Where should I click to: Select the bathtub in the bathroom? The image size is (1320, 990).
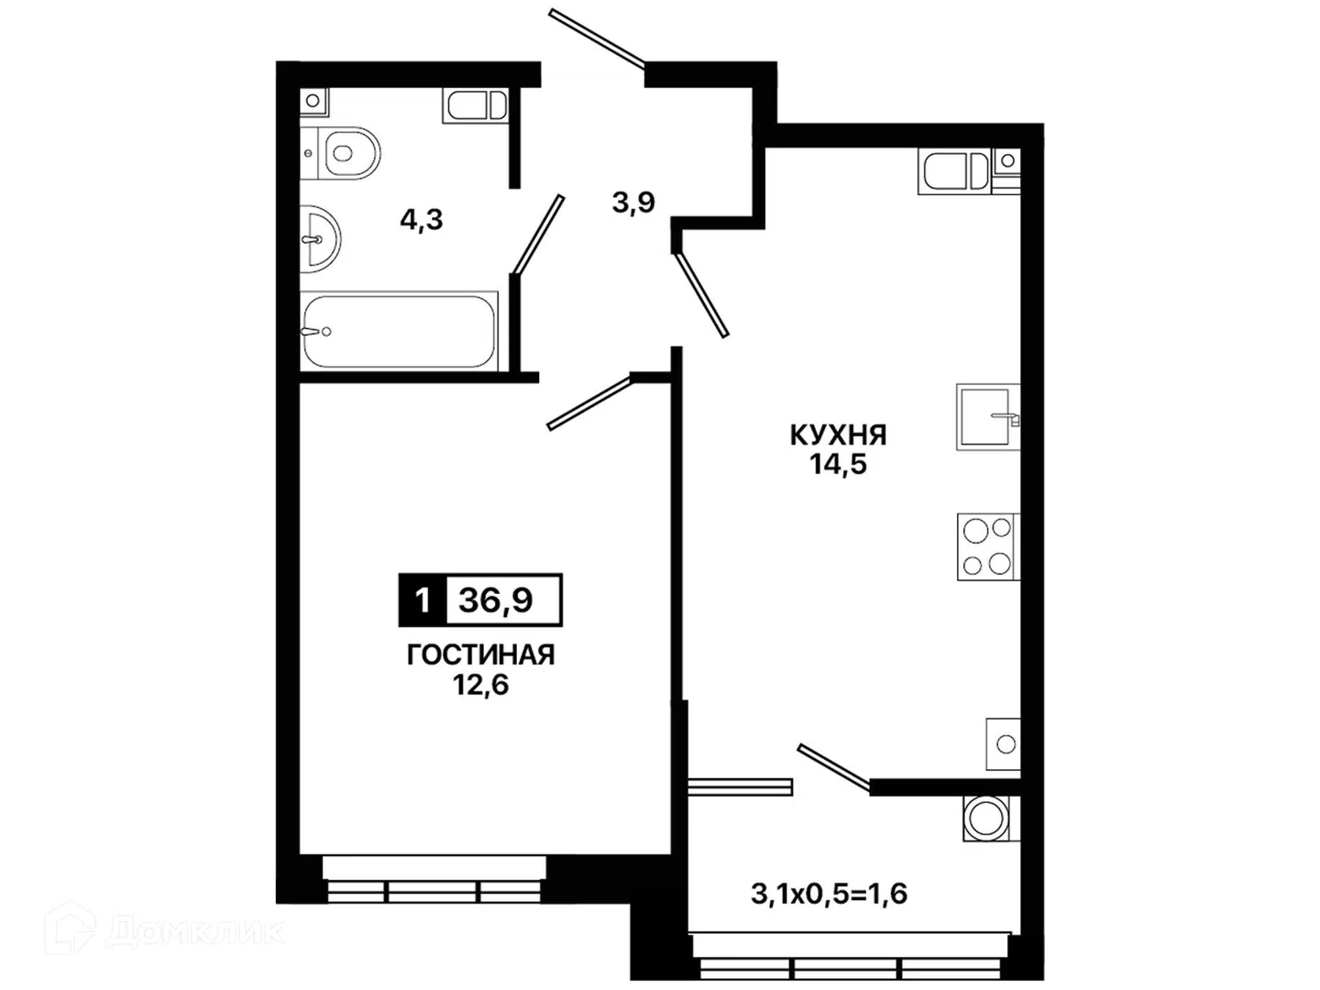pyautogui.click(x=400, y=331)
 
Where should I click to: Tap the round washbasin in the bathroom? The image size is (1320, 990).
pyautogui.click(x=320, y=238)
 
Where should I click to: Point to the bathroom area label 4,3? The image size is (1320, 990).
pyautogui.click(x=421, y=221)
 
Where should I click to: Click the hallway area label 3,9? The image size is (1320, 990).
pyautogui.click(x=633, y=203)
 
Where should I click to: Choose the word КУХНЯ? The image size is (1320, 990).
pyautogui.click(x=839, y=435)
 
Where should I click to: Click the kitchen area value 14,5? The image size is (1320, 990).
pyautogui.click(x=839, y=465)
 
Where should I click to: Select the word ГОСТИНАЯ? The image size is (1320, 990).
pyautogui.click(x=480, y=655)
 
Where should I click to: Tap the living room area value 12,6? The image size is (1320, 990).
pyautogui.click(x=480, y=685)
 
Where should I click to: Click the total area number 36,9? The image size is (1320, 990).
pyautogui.click(x=496, y=599)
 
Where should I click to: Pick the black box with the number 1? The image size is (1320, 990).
pyautogui.click(x=423, y=599)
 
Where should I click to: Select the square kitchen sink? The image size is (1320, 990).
pyautogui.click(x=988, y=417)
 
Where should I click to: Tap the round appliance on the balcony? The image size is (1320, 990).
pyautogui.click(x=985, y=818)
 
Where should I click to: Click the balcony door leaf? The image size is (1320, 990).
pyautogui.click(x=833, y=765)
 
